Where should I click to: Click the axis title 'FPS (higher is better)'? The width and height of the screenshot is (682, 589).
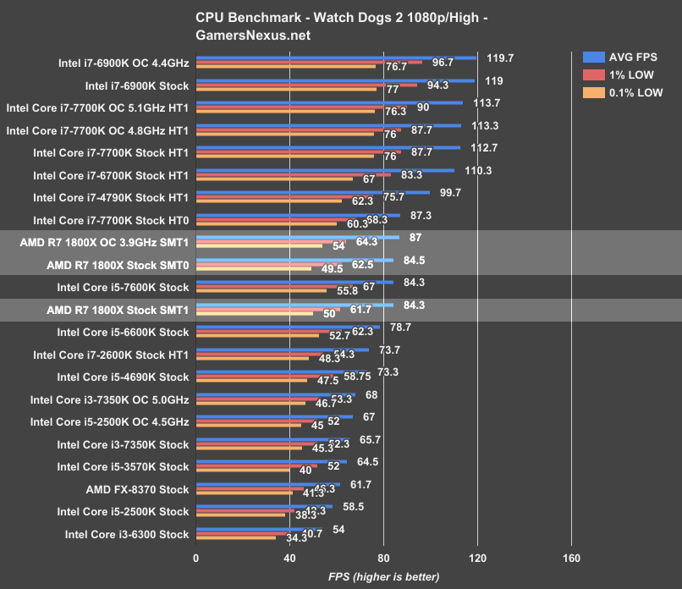click(x=384, y=576)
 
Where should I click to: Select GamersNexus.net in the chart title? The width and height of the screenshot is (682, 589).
click(x=253, y=36)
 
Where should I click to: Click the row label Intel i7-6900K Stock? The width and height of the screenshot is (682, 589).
click(x=137, y=85)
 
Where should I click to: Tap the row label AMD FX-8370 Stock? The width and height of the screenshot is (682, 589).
click(x=137, y=489)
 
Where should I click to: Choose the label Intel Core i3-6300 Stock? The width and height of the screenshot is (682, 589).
click(x=127, y=534)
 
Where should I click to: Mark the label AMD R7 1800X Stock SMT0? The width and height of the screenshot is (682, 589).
click(x=118, y=265)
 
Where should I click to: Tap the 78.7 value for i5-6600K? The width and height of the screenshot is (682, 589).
click(x=401, y=328)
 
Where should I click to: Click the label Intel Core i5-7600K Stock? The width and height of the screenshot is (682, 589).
click(x=123, y=287)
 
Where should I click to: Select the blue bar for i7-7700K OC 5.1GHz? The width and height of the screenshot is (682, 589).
click(x=329, y=103)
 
